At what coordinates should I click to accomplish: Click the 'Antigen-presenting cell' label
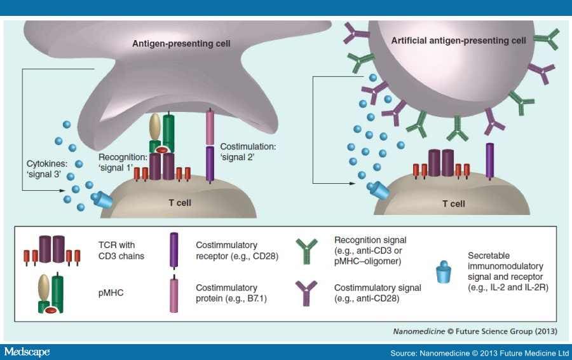coord(181,44)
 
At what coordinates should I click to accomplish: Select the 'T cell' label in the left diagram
coord(179,204)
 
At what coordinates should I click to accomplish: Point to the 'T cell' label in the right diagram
coord(453,204)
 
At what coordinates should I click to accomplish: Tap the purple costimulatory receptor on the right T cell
coord(489,160)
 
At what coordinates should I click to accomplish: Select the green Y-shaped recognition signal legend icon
coord(308,251)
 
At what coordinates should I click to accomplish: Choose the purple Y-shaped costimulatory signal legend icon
coord(308,293)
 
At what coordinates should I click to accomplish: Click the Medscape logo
coord(27,352)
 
